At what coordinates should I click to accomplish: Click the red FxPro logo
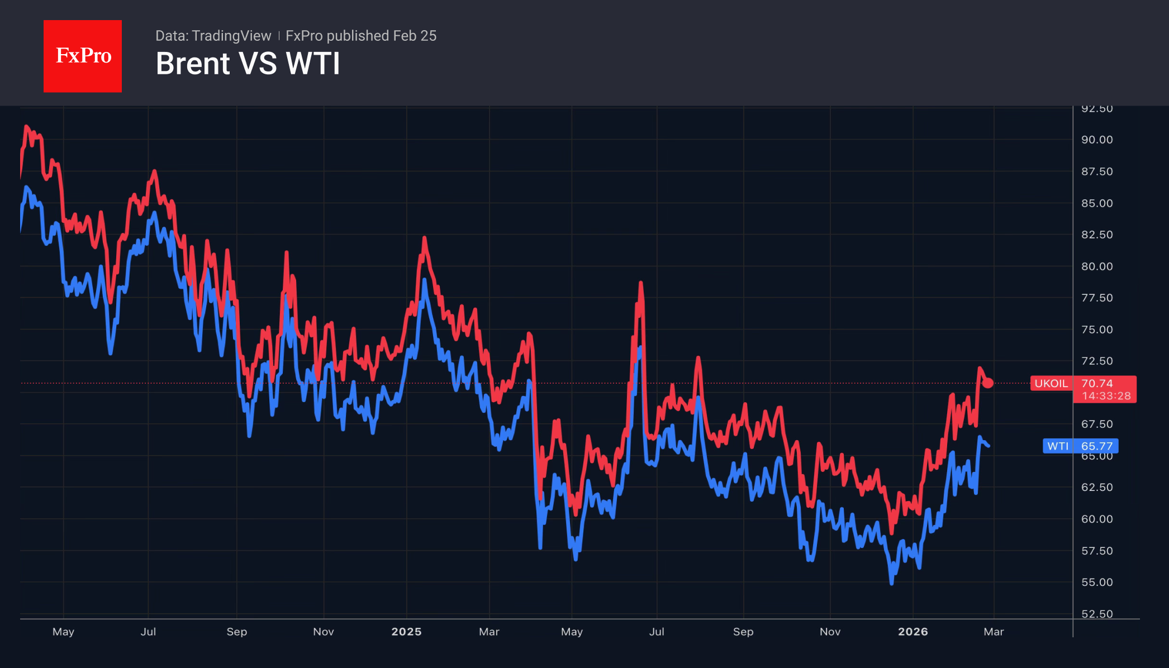point(83,56)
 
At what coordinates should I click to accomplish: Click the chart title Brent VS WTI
point(248,64)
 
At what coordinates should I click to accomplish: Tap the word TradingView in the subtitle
point(231,36)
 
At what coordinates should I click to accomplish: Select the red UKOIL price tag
point(1051,384)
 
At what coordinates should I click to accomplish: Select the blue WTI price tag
point(1057,446)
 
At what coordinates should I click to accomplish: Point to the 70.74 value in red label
point(1097,384)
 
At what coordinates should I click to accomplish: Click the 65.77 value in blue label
point(1097,446)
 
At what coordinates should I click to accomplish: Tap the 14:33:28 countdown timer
point(1106,396)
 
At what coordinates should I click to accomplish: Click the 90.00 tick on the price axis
point(1096,140)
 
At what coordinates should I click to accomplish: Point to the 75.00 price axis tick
point(1096,330)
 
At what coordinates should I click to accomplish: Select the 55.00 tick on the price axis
point(1096,582)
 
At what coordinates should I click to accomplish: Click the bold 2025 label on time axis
point(406,632)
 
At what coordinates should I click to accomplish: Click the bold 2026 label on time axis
point(913,632)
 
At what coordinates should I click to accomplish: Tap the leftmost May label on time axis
point(63,632)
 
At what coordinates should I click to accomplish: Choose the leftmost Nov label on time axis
point(324,632)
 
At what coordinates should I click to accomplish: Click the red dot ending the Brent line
point(988,383)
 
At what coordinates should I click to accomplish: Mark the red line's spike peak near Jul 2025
point(641,283)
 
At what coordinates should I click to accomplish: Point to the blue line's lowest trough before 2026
point(891,583)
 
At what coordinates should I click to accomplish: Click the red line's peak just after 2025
point(424,238)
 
